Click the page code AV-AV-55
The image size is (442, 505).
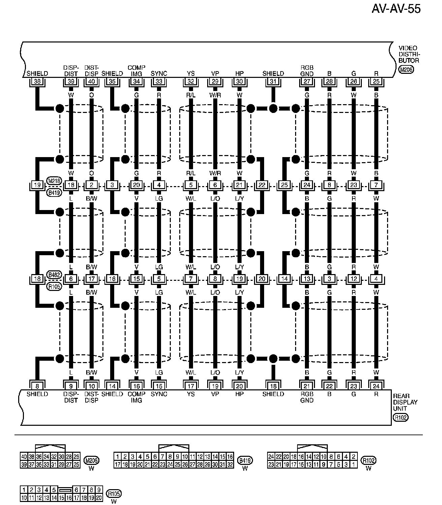click(x=396, y=9)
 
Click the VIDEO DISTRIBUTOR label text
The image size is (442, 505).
click(x=409, y=54)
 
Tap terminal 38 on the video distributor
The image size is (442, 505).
click(x=37, y=81)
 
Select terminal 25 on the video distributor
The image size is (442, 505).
click(x=376, y=81)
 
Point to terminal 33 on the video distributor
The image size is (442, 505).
click(x=159, y=81)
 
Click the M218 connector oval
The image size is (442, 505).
click(x=54, y=181)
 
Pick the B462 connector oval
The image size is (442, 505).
click(x=54, y=274)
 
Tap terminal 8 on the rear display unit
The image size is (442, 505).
click(x=37, y=386)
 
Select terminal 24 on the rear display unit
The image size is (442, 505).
click(x=376, y=386)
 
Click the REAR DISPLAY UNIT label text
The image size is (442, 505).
click(x=405, y=402)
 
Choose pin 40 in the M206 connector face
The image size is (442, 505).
click(x=24, y=457)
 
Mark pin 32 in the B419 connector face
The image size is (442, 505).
click(x=230, y=465)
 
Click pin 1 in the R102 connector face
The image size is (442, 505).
click(x=353, y=465)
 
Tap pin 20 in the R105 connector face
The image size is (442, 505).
click(x=99, y=497)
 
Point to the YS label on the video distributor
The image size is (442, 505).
click(x=191, y=73)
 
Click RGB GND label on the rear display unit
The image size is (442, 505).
click(x=307, y=397)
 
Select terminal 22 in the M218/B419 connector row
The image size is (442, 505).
click(x=262, y=185)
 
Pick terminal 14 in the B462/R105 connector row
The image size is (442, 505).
click(x=285, y=279)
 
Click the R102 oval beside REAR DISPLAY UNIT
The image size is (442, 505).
click(x=401, y=418)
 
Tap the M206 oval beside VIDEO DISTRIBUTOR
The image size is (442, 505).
click(x=406, y=70)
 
